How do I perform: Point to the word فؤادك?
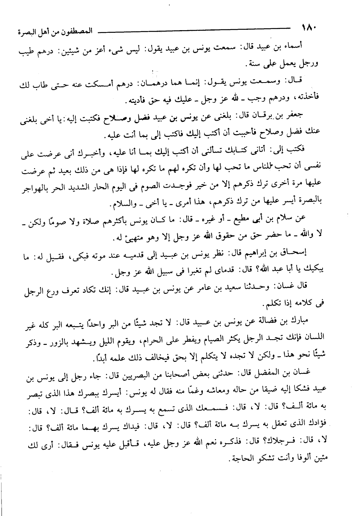tap(311, 425)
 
